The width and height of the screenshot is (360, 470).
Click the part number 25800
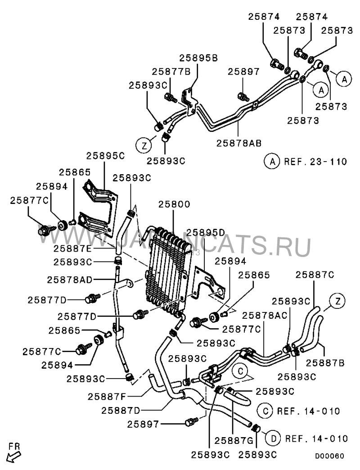(x=174, y=204)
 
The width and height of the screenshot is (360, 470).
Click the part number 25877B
(x=171, y=71)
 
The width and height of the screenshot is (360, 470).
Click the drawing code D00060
(x=329, y=456)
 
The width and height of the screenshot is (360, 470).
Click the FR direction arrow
(x=14, y=454)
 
